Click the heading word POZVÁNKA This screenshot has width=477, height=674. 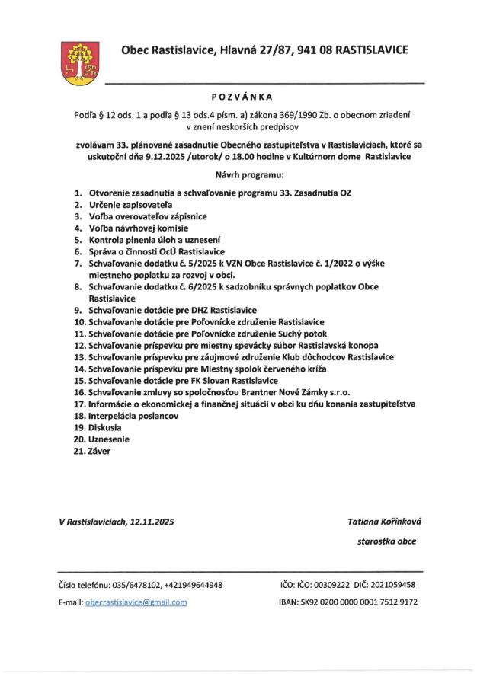pos(238,97)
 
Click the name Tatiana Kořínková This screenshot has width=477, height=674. pos(384,521)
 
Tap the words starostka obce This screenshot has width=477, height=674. pos(387,542)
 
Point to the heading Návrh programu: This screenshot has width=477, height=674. pos(238,175)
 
